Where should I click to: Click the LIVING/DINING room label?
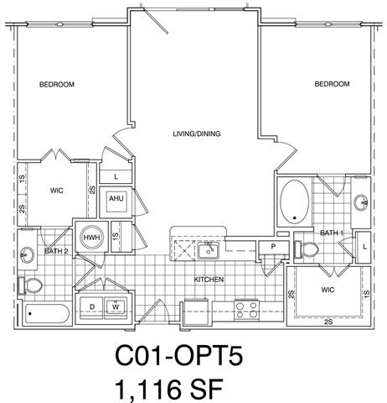[x=197, y=133]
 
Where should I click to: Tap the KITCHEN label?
[x=209, y=280]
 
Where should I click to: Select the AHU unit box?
[x=116, y=201]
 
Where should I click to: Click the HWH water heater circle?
[x=91, y=238]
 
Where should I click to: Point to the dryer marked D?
[x=92, y=307]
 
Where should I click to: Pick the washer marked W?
[x=116, y=307]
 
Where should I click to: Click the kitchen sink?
[x=209, y=250]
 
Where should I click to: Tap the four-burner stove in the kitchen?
[x=246, y=310]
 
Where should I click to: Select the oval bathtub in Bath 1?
[x=295, y=201]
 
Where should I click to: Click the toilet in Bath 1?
[x=306, y=249]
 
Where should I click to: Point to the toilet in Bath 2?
[x=30, y=285]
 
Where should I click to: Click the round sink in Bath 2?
[x=27, y=254]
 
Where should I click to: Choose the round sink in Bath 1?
[x=361, y=202]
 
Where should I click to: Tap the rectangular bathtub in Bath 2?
[x=47, y=313]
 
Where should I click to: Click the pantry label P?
[x=273, y=247]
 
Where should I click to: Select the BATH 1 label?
[x=332, y=233]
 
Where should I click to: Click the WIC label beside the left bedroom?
[x=57, y=191]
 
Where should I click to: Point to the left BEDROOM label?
[x=57, y=84]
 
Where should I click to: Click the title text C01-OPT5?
[x=178, y=355]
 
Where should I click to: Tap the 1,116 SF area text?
[x=168, y=389]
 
